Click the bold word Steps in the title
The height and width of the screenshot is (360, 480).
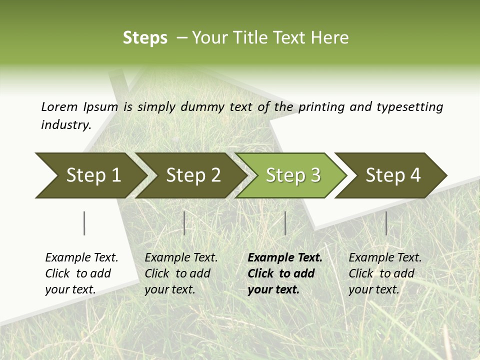(145, 38)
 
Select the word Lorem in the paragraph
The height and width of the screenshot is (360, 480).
(59, 106)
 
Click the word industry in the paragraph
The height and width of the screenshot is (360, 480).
(65, 124)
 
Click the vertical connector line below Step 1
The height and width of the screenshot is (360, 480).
(84, 223)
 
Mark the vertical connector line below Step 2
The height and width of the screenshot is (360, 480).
(184, 223)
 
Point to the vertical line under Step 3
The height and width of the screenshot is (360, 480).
(285, 223)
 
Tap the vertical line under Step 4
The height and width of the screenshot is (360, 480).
(386, 223)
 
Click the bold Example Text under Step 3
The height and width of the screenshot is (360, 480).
(285, 257)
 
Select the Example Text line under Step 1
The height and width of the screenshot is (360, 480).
(81, 257)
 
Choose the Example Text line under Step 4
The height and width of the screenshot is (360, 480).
(385, 257)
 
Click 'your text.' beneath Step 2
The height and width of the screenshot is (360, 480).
(170, 289)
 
